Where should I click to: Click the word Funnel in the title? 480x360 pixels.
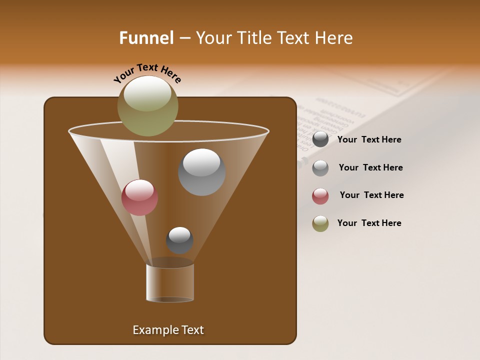(x=146, y=38)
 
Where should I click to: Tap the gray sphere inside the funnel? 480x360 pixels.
(x=201, y=172)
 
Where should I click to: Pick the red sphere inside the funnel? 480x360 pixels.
(x=139, y=197)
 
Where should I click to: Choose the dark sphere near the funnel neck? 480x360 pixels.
(x=179, y=240)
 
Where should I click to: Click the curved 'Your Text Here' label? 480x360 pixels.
(x=147, y=72)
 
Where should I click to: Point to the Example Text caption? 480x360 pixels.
(x=168, y=330)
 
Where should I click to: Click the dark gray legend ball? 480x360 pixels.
(x=320, y=139)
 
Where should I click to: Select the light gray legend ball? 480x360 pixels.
(x=320, y=168)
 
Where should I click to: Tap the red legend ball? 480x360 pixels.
(x=320, y=196)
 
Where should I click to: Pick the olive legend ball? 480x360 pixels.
(x=320, y=223)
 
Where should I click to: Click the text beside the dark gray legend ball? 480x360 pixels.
(x=369, y=140)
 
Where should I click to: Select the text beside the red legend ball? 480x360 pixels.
(x=371, y=195)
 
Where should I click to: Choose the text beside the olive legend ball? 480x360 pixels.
(x=369, y=223)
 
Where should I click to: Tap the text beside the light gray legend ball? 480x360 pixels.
(x=370, y=168)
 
